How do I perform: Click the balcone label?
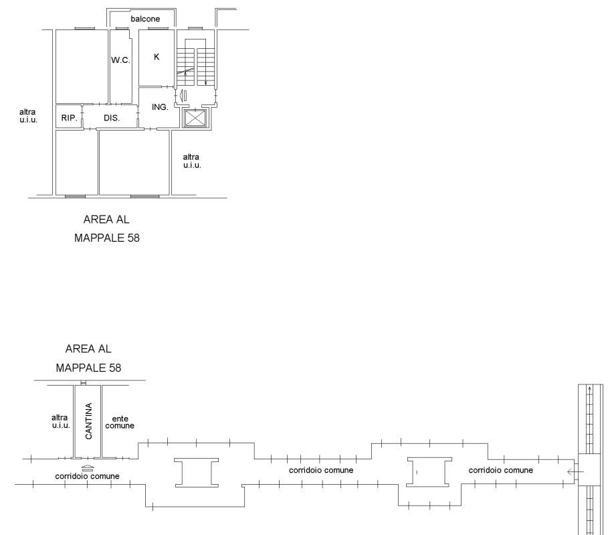point(145,19)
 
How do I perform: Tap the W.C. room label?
point(120,60)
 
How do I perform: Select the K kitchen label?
point(157,57)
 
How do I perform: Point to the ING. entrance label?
point(160,106)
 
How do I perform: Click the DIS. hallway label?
point(112,118)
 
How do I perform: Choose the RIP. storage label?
point(70,118)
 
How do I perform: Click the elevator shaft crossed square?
point(195,118)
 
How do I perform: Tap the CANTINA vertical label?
point(89,421)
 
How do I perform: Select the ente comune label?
point(120,422)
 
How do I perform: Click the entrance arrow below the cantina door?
point(88,467)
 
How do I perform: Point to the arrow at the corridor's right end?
point(575,472)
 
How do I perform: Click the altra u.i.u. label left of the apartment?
point(28,116)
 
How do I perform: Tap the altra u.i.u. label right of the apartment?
point(192,161)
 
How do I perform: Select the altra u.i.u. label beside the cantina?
point(61,421)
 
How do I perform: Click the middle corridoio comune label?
point(321,470)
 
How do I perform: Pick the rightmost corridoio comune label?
point(501,470)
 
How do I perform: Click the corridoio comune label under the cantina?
point(87,476)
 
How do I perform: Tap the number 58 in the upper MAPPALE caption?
point(133,238)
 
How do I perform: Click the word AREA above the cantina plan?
point(78,348)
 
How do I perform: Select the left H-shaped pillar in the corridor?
point(197,473)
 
